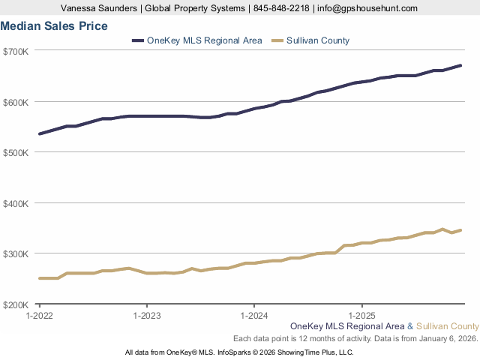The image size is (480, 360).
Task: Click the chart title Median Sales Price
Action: pyautogui.click(x=54, y=25)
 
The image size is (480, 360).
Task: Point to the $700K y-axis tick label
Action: pyautogui.click(x=16, y=51)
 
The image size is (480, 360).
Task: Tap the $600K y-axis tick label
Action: pyautogui.click(x=16, y=102)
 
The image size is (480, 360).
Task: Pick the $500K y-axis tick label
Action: pyautogui.click(x=16, y=152)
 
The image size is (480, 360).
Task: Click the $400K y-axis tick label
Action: pyautogui.click(x=16, y=203)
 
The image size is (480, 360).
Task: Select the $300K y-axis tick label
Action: pyautogui.click(x=16, y=253)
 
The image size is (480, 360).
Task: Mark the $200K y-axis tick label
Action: pyautogui.click(x=16, y=304)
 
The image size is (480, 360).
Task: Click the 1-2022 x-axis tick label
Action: pyautogui.click(x=39, y=316)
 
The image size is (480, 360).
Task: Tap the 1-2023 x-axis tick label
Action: pyautogui.click(x=146, y=316)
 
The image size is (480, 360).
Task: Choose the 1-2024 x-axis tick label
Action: pyautogui.click(x=254, y=316)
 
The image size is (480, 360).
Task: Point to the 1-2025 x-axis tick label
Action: pyautogui.click(x=362, y=316)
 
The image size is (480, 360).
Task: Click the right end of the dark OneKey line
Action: pyautogui.click(x=460, y=65)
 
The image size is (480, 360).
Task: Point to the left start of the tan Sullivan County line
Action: pyautogui.click(x=40, y=278)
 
